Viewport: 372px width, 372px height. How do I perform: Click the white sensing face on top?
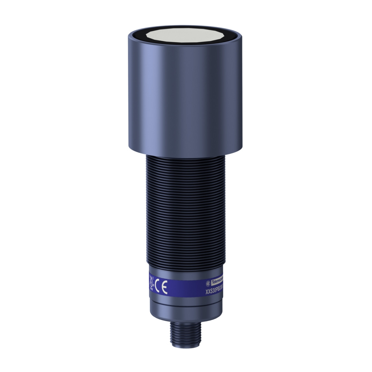[186, 34]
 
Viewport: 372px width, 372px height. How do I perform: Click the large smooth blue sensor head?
[186, 93]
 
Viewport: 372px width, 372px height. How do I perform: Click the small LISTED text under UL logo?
[151, 290]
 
